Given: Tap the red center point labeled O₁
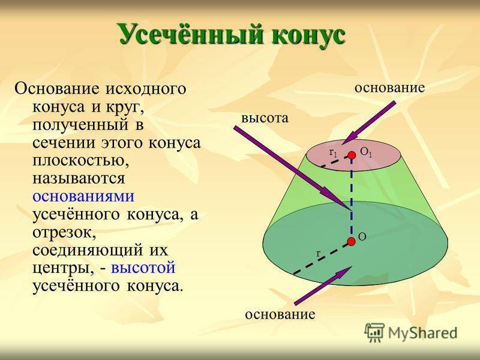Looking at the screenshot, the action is pyautogui.click(x=352, y=155).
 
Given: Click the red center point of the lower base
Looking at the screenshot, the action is pyautogui.click(x=351, y=242).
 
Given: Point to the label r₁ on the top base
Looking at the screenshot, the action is pyautogui.click(x=333, y=152).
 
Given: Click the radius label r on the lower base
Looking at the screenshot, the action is pyautogui.click(x=319, y=253).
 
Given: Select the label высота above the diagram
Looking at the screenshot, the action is pyautogui.click(x=265, y=118).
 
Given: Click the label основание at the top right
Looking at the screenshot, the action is pyautogui.click(x=389, y=88).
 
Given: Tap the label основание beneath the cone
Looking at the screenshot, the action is pyautogui.click(x=280, y=314).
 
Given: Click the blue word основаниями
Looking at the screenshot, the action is pyautogui.click(x=83, y=196).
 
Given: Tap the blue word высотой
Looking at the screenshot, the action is pyautogui.click(x=143, y=268).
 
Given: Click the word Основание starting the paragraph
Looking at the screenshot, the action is pyautogui.click(x=56, y=89).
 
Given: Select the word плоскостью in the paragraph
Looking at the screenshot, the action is pyautogui.click(x=81, y=161).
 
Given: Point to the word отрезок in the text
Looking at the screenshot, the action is pyautogui.click(x=64, y=233).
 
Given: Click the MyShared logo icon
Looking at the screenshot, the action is pyautogui.click(x=374, y=332).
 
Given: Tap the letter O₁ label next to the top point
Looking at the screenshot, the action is pyautogui.click(x=366, y=152).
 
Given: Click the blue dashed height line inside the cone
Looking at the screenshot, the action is pyautogui.click(x=352, y=198).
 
